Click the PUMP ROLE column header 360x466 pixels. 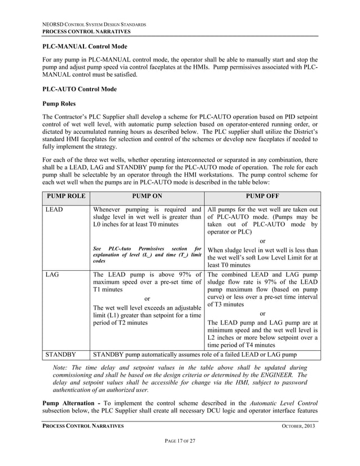tap(66, 197)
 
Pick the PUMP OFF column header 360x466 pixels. tap(262, 197)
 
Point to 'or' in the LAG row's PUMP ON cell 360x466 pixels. tap(147, 298)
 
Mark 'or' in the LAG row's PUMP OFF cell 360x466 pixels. tap(262, 314)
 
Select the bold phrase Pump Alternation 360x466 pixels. tap(71, 403)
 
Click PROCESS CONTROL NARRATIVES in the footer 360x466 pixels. tap(84, 426)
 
